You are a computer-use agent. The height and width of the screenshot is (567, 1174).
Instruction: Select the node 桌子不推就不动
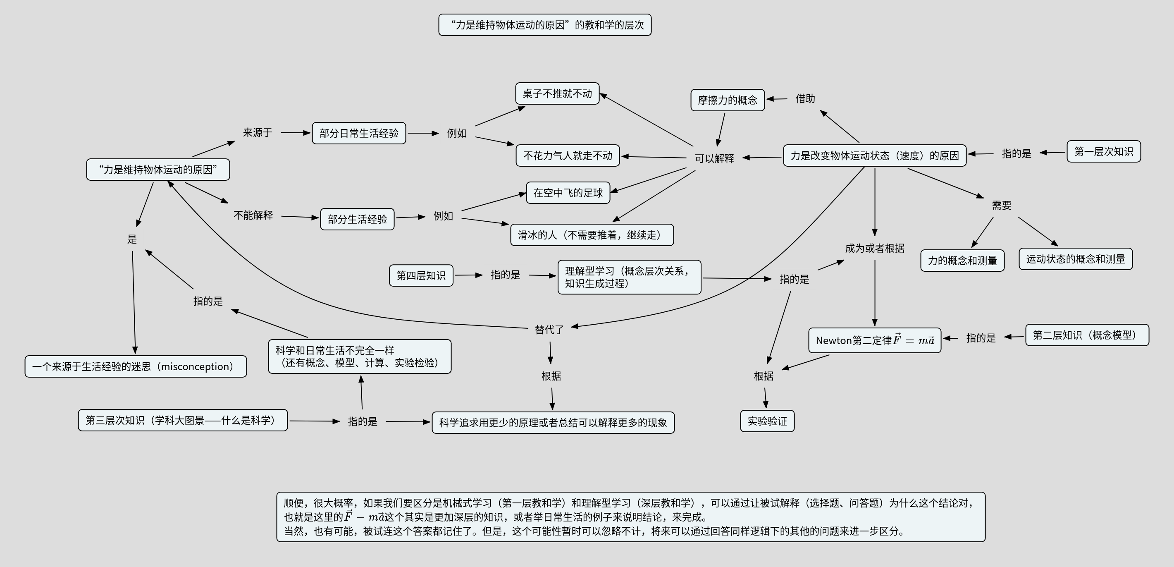tap(557, 93)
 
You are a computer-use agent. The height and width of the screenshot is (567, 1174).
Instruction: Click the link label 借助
tap(805, 98)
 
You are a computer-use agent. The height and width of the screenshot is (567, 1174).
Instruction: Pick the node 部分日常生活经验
tap(359, 133)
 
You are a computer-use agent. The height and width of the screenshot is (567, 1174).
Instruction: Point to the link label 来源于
tap(258, 133)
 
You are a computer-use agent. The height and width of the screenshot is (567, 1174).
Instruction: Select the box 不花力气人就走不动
tap(568, 156)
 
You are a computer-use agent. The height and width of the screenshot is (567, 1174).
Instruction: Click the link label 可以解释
tap(714, 158)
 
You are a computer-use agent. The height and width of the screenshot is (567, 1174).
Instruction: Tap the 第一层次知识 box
tap(1103, 151)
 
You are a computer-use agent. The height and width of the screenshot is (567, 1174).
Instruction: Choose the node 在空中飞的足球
tap(568, 193)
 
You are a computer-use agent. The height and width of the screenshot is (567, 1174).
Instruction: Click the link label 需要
tap(1001, 205)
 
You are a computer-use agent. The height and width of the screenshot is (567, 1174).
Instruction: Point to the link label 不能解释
tap(253, 215)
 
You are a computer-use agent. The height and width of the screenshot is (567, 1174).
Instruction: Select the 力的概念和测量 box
tap(962, 260)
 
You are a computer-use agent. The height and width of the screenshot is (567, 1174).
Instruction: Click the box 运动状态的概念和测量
tap(1075, 259)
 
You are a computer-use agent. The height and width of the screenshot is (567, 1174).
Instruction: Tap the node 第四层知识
tap(421, 275)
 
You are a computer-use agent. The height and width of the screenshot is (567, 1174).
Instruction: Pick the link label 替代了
tap(549, 329)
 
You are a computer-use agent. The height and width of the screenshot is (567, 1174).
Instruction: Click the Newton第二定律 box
tap(874, 340)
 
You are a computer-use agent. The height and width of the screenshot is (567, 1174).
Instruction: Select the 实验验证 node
tap(767, 421)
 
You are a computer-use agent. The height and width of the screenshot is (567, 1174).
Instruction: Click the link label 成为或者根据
tap(874, 248)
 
